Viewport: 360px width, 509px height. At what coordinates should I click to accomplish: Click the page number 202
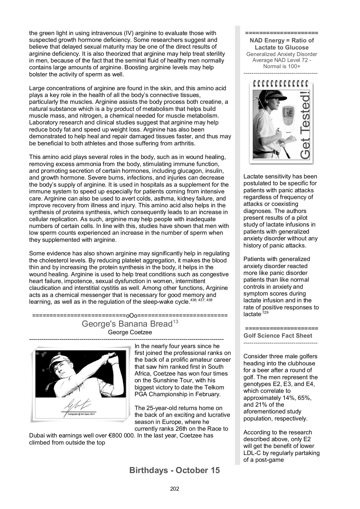pyautogui.click(x=174, y=488)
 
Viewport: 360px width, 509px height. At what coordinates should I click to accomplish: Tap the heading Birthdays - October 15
pyautogui.click(x=174, y=470)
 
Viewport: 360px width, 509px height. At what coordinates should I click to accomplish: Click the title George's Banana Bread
pyautogui.click(x=127, y=324)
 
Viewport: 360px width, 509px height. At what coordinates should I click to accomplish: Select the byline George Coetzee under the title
pyautogui.click(x=130, y=332)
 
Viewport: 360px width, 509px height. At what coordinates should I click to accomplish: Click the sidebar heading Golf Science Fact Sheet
pyautogui.click(x=278, y=336)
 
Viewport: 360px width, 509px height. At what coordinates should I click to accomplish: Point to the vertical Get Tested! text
pyautogui.click(x=305, y=124)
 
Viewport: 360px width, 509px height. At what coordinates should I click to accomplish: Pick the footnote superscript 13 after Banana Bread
pyautogui.click(x=175, y=322)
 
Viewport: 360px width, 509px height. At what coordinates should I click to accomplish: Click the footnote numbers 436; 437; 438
pyautogui.click(x=201, y=300)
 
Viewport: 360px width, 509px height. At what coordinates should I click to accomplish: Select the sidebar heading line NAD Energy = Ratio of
pyautogui.click(x=282, y=40)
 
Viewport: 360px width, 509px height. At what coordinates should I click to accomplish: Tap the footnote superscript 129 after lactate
pyautogui.click(x=264, y=312)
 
